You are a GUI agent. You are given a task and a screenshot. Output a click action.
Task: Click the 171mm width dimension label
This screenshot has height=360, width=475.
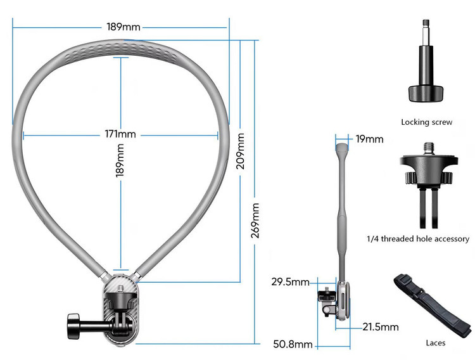[x=120, y=134]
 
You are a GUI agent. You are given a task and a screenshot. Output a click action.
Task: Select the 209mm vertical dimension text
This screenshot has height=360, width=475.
[x=240, y=151]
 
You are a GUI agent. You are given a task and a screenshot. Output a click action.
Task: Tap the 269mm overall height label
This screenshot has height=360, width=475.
[x=255, y=221]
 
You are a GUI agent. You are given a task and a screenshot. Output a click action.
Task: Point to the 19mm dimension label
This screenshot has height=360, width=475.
[x=369, y=139]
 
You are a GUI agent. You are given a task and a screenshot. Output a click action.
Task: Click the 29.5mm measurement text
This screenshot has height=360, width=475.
[x=290, y=282]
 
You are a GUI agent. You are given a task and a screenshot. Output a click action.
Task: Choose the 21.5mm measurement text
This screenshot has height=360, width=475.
[x=381, y=326]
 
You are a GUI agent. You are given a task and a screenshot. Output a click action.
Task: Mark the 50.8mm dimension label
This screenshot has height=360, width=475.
[x=293, y=344]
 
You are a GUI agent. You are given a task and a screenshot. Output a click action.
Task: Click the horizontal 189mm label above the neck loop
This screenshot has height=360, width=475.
[x=123, y=27]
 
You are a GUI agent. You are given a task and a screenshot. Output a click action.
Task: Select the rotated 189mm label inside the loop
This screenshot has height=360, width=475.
[x=120, y=160]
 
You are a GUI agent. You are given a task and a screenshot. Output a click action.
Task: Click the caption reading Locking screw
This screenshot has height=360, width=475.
[x=426, y=122]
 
